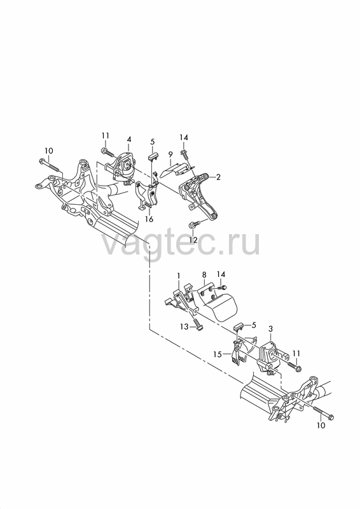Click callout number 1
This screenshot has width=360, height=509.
point(179,275)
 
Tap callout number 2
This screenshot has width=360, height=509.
point(218,178)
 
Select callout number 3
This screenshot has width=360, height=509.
point(271,330)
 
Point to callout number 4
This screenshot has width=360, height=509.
point(129,139)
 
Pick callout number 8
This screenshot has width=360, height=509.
point(204,275)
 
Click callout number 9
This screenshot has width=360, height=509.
point(169,155)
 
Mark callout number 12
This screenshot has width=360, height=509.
point(193,240)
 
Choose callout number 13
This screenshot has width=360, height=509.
point(184,326)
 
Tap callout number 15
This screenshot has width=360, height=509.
point(218,354)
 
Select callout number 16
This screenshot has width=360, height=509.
point(149,219)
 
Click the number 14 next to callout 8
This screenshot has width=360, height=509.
point(221,274)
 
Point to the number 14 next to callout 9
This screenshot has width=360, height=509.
point(184,137)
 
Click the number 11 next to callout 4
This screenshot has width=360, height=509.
point(105,136)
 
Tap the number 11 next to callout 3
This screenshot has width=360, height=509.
point(296,353)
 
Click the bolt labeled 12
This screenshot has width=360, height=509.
point(195,224)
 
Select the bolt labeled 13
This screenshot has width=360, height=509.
point(198,325)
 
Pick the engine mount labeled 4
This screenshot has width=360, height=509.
point(123,168)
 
